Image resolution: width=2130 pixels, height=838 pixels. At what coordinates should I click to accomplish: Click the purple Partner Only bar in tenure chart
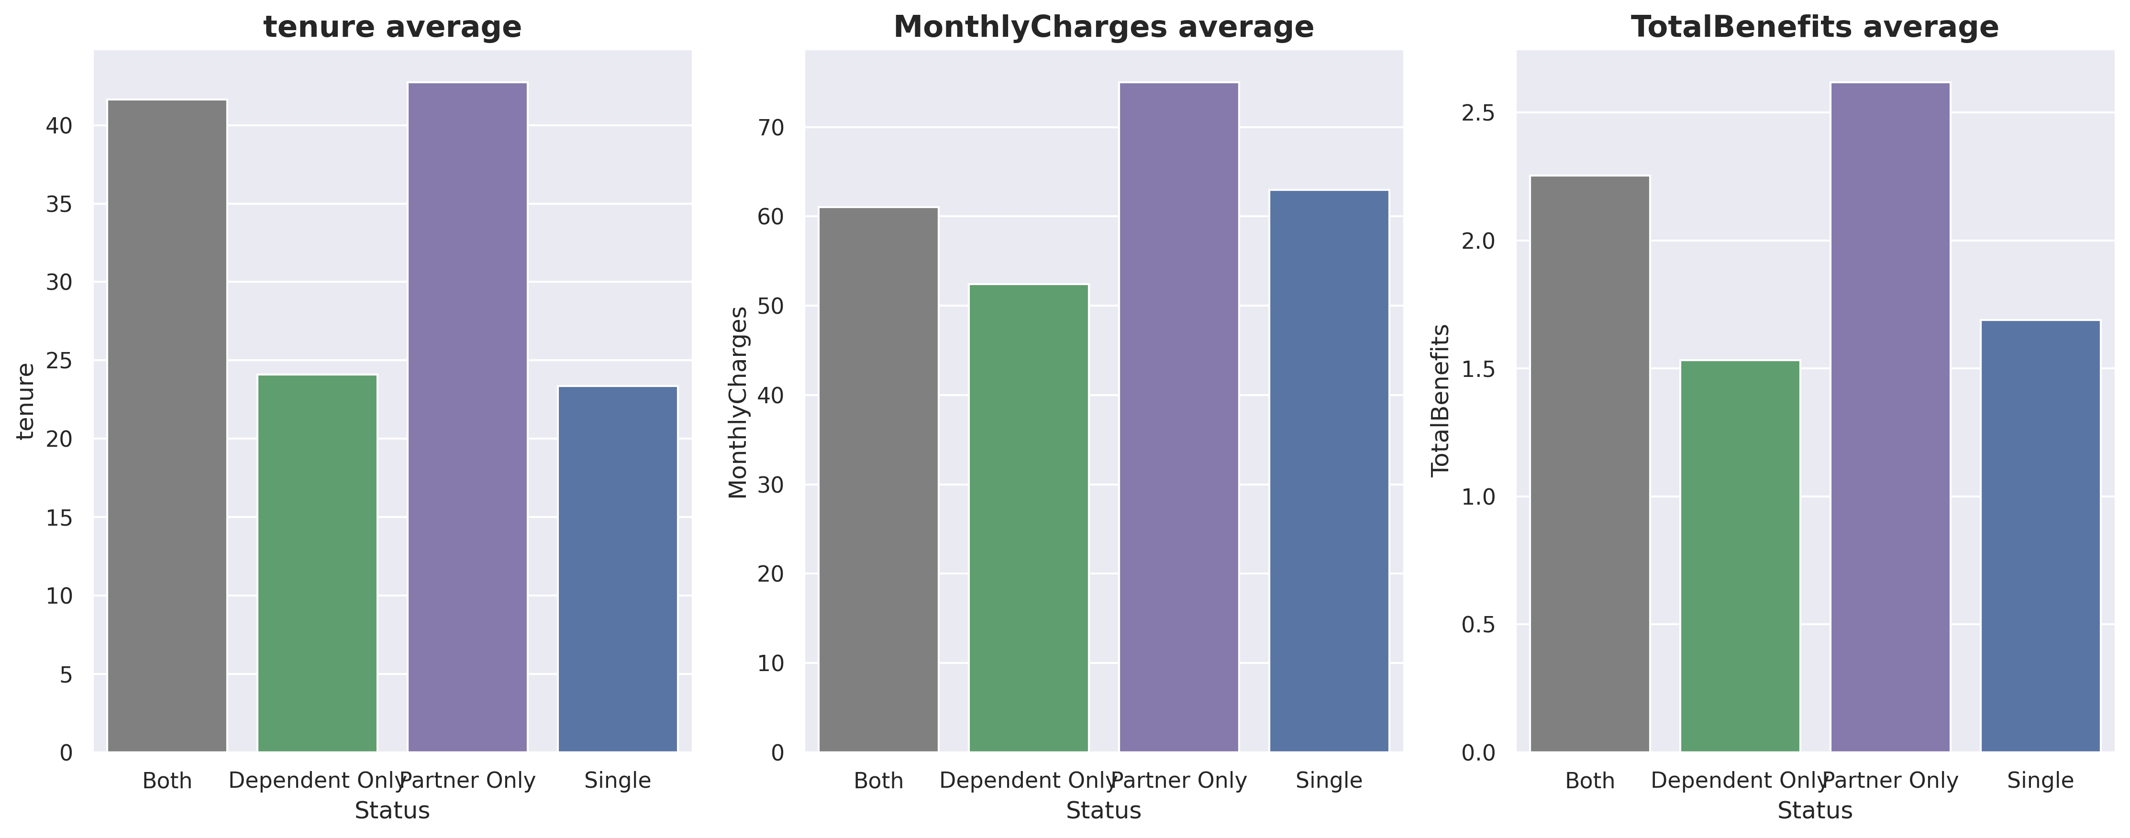(467, 418)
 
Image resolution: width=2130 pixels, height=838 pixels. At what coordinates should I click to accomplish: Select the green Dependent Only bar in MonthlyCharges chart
(1029, 518)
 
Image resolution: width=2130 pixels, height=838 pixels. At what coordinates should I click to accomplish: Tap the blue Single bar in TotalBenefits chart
(2040, 536)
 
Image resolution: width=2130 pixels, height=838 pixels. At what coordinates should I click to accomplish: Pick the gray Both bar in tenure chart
(167, 426)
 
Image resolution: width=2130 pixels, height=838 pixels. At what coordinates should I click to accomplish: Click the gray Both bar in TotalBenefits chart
(1589, 463)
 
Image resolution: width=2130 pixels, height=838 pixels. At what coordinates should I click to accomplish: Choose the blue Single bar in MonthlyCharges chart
(1329, 471)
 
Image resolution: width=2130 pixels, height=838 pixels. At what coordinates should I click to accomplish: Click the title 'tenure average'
(393, 27)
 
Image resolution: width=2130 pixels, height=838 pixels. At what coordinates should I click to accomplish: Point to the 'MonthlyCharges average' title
(1104, 27)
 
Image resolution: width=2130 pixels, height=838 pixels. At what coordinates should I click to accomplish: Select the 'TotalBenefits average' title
(1815, 27)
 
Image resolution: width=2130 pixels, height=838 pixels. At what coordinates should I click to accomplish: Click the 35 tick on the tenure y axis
(59, 204)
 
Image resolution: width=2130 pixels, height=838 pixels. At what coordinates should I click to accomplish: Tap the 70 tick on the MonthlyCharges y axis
(771, 127)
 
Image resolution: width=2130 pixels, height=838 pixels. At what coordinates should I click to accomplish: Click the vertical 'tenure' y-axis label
(26, 401)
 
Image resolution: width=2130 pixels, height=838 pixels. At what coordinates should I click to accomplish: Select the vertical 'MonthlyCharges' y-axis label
(738, 402)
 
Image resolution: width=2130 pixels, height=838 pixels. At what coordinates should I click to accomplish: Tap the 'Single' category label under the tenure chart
(618, 781)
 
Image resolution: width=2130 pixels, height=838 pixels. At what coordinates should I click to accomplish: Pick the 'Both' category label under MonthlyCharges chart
(878, 781)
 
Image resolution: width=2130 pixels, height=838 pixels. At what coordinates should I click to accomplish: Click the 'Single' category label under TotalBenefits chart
(2040, 781)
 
